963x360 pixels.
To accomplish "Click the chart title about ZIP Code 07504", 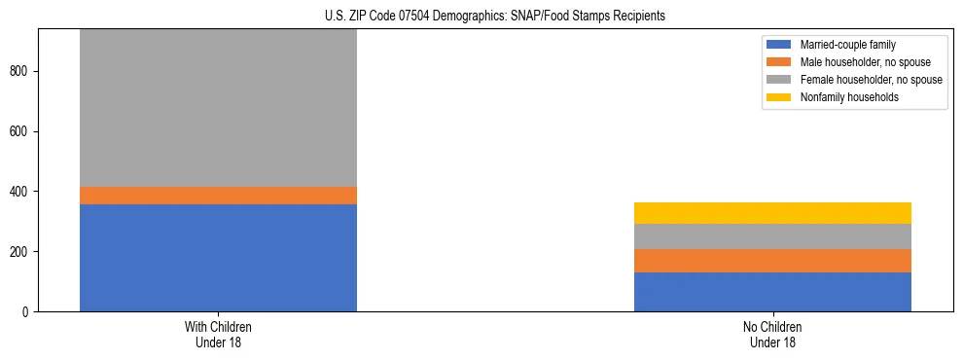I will [x=495, y=17].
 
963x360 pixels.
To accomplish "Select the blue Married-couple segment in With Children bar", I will [x=218, y=258].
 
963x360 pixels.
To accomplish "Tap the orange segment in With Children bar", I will [x=218, y=196].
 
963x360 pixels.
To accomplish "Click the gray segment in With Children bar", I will [x=218, y=107].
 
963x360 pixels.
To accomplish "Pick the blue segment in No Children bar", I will [x=772, y=292].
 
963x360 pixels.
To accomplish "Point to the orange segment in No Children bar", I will [x=772, y=261].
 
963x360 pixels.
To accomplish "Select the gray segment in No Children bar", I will [x=772, y=236].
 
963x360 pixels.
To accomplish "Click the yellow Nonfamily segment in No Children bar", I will [x=772, y=213].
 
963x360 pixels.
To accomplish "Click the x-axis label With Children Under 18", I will [x=218, y=335].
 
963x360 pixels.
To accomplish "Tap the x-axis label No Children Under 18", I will [x=772, y=335].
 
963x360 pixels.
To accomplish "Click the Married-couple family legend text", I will [x=847, y=45].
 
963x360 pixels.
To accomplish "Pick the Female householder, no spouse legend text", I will [x=871, y=80].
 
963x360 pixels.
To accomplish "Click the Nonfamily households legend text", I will [x=849, y=97].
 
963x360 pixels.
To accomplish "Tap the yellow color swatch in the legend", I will [x=779, y=97].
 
